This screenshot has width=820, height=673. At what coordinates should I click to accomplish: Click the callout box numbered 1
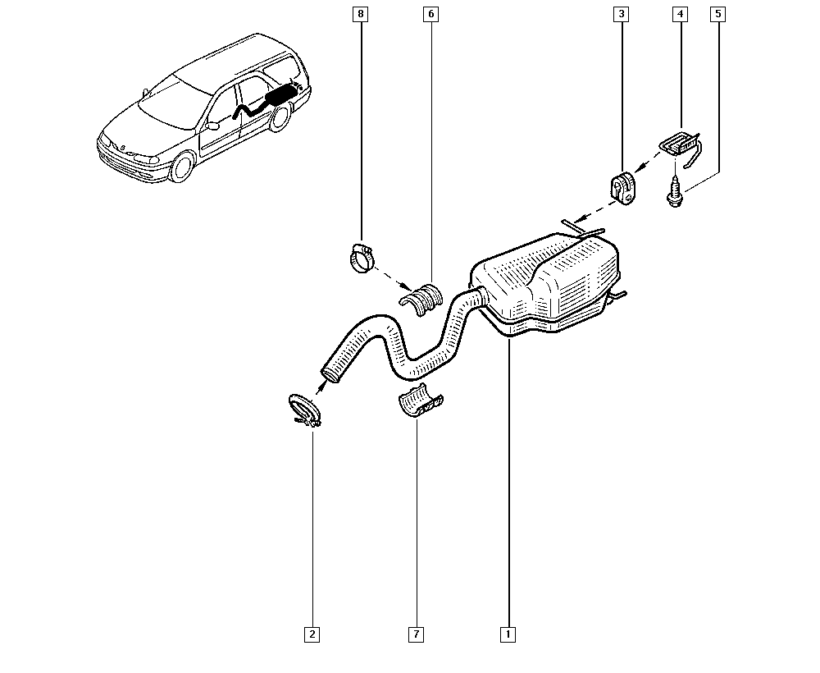pos(508,634)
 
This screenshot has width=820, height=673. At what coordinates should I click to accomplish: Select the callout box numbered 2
pos(312,634)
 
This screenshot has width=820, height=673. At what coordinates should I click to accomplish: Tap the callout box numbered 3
pos(622,14)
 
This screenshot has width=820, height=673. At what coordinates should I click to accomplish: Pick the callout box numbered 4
pos(680,14)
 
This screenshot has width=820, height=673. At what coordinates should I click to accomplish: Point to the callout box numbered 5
pos(718,14)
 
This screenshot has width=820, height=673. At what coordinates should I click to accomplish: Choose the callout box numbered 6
pos(431,14)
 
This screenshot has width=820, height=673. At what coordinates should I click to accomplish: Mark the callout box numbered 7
pos(416,634)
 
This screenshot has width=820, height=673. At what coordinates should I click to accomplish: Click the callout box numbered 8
pos(360,14)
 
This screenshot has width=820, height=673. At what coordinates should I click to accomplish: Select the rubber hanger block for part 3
pos(622,187)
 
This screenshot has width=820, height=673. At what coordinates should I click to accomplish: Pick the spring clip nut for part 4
pos(680,147)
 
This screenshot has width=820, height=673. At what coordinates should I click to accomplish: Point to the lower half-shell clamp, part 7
pos(421,402)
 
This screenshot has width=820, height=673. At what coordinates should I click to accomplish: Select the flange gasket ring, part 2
pos(304,410)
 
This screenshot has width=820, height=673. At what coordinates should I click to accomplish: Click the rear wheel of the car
pos(280,117)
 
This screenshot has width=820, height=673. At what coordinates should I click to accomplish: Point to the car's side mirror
pos(212,126)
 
